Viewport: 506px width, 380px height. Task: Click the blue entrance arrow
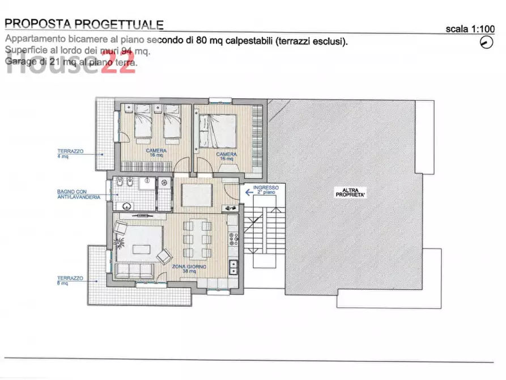point(249,192)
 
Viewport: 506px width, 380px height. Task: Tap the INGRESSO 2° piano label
point(266,189)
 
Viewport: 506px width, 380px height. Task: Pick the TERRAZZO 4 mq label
point(70,153)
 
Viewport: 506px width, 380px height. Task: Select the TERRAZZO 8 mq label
point(70,280)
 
